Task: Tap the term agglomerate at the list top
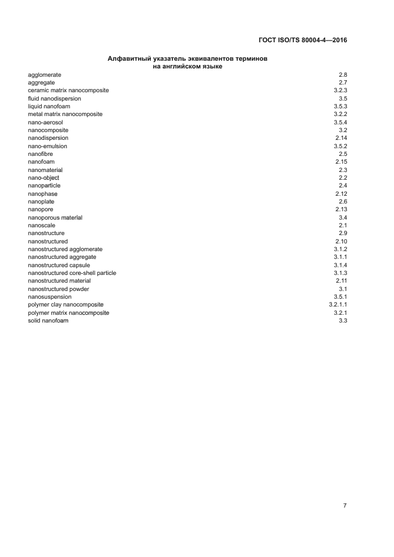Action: point(45,74)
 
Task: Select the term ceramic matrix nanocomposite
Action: point(68,90)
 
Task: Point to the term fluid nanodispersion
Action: point(54,98)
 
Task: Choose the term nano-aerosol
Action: point(45,122)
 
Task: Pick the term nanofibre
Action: point(41,154)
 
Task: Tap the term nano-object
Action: point(44,178)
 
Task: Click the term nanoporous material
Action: point(55,218)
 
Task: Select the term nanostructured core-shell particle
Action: point(72,273)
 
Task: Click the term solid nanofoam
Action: point(48,321)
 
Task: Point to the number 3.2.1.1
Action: point(337,305)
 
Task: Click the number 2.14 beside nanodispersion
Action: point(341,138)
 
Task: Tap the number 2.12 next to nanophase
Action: point(341,194)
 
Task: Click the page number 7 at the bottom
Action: point(345,506)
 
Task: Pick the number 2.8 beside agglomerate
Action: point(343,74)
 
